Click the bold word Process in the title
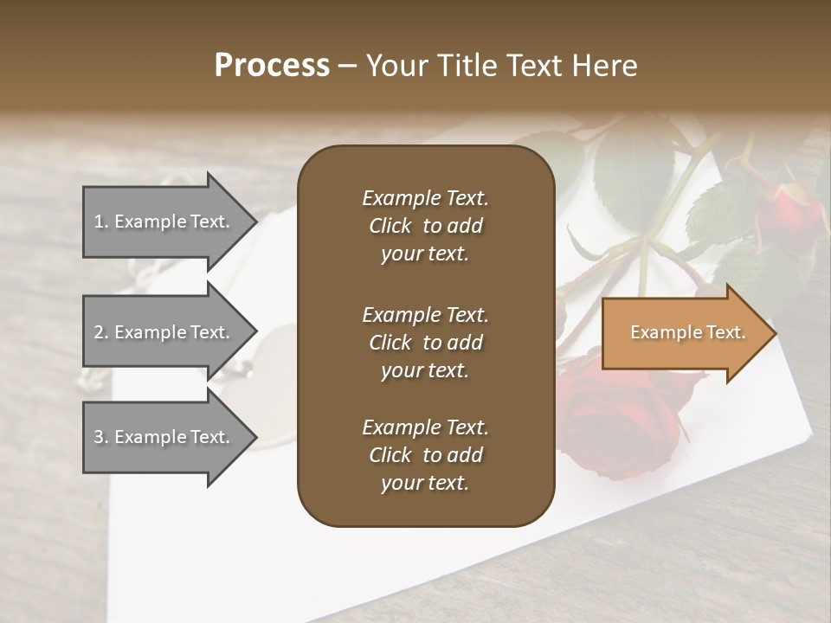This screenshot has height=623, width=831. coord(272,66)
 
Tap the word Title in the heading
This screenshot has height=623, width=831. coord(465,66)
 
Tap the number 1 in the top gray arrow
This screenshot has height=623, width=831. coord(99,222)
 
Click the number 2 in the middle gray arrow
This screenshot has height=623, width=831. coord(99,332)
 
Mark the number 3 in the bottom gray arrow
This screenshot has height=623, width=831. coord(99,437)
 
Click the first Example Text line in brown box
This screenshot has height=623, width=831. coord(425,198)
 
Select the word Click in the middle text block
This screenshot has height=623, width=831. coord(390,343)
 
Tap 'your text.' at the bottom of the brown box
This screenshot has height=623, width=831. coord(425,484)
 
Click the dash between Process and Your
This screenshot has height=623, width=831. coord(347,66)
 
